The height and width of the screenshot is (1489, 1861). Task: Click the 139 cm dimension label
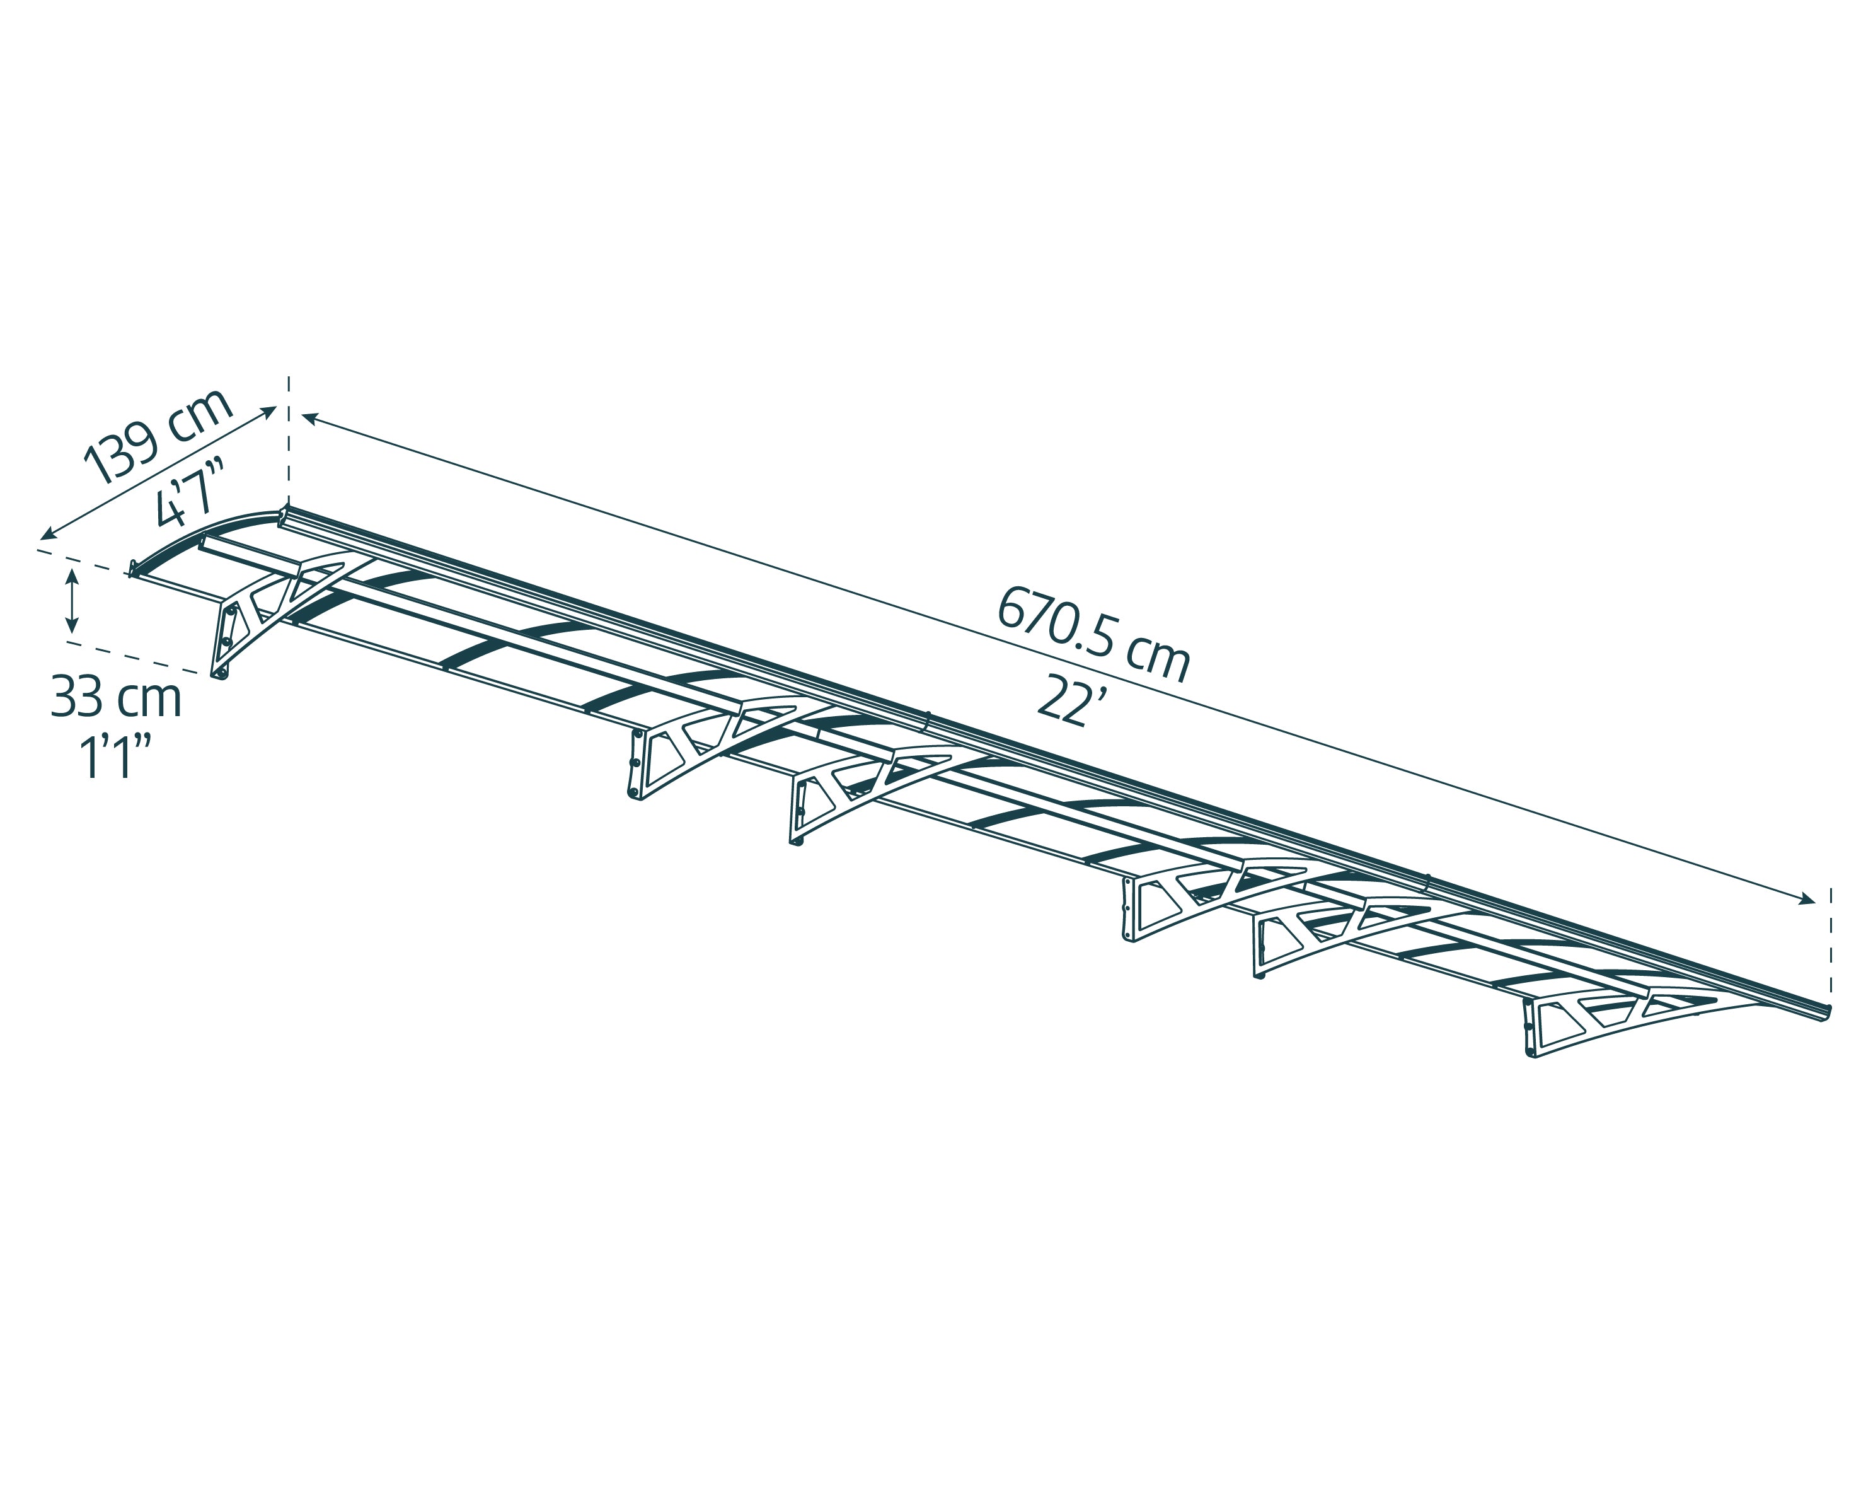click(158, 436)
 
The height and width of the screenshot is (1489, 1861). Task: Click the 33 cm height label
click(117, 698)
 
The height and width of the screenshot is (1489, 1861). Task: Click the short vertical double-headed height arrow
click(72, 601)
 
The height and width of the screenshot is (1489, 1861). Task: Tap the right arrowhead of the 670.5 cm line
click(1806, 900)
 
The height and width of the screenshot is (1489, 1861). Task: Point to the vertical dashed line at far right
click(1831, 942)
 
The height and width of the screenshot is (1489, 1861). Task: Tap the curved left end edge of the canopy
click(203, 535)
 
